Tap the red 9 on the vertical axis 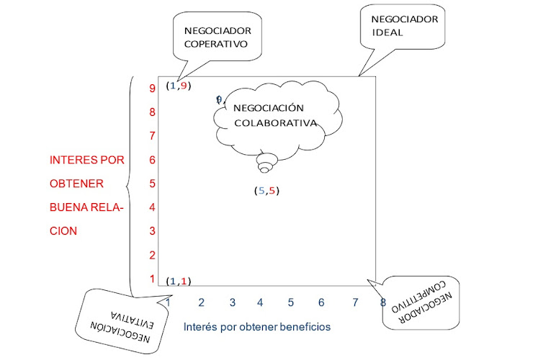pyautogui.click(x=153, y=89)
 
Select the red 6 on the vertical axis pyautogui.click(x=153, y=159)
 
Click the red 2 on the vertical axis pyautogui.click(x=153, y=255)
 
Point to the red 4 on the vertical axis pyautogui.click(x=153, y=207)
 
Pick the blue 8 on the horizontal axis pyautogui.click(x=383, y=302)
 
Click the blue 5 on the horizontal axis pyautogui.click(x=290, y=302)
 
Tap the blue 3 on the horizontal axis pyautogui.click(x=233, y=302)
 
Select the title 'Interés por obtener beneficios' pyautogui.click(x=257, y=326)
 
